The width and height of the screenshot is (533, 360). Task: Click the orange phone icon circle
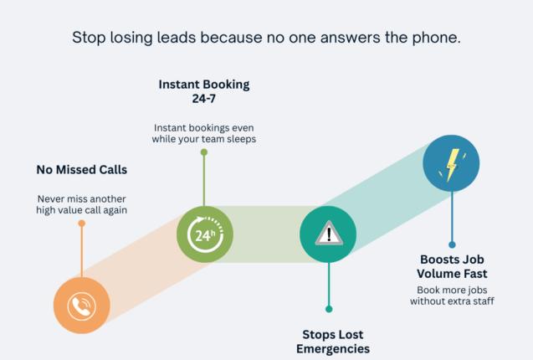click(81, 305)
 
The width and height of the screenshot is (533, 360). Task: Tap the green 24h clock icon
click(205, 234)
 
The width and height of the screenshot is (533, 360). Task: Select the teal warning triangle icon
click(328, 234)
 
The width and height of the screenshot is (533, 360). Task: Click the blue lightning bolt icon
click(452, 164)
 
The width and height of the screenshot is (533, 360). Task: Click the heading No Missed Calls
click(81, 170)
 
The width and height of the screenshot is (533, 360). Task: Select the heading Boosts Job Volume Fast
click(453, 266)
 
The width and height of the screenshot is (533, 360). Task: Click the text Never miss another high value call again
click(82, 204)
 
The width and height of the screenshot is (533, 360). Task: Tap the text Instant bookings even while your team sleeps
click(204, 132)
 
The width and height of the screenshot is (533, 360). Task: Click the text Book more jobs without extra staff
click(453, 296)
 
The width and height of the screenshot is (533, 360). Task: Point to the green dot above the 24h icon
click(204, 152)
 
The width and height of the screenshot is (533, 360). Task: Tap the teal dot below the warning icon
click(328, 308)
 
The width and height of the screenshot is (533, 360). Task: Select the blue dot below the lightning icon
click(452, 245)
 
